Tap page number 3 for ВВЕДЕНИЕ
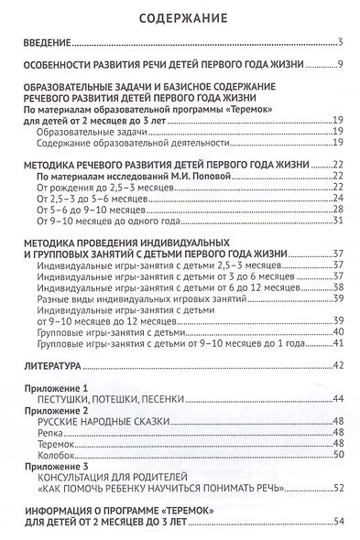(339, 43)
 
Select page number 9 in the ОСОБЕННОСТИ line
(339, 64)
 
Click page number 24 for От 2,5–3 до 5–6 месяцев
(336, 197)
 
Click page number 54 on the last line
(336, 521)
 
